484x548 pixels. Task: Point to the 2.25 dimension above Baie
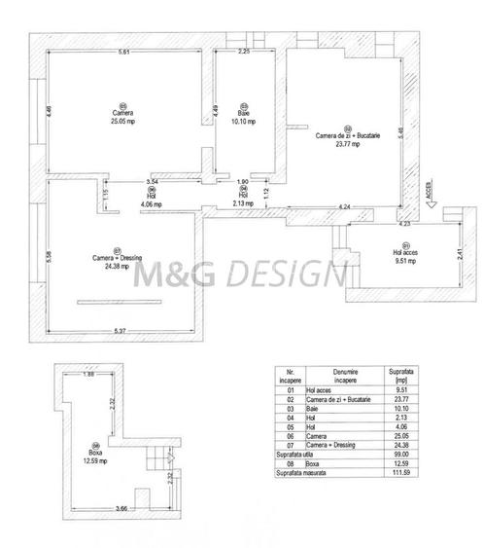coord(245,52)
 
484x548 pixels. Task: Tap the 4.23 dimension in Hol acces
coord(403,225)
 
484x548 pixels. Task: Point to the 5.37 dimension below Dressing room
coord(120,332)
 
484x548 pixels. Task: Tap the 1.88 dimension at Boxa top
coord(87,376)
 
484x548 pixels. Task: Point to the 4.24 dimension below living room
coord(344,206)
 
